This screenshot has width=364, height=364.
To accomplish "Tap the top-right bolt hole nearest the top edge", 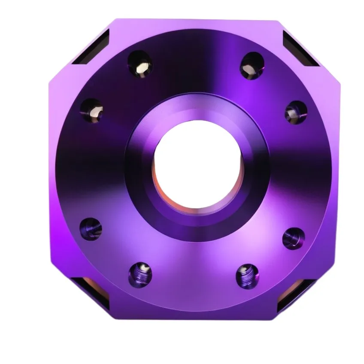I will click(252, 66).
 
